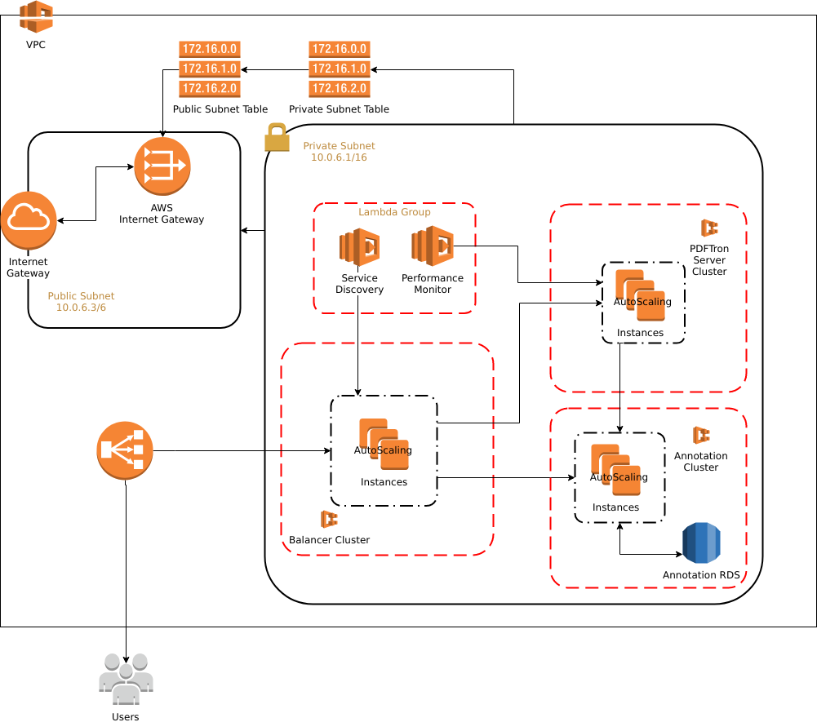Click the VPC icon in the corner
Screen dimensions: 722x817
tap(36, 17)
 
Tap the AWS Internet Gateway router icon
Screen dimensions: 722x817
tap(162, 166)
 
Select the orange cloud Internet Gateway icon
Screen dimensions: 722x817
tap(29, 220)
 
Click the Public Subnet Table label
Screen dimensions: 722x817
tap(220, 109)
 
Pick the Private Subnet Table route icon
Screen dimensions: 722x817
tap(339, 69)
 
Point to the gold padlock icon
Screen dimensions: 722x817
tap(277, 137)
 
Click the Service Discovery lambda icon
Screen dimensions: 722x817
tap(359, 247)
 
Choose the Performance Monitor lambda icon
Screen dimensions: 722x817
tap(432, 246)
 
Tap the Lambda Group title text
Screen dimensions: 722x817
tap(394, 212)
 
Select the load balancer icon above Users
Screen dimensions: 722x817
tap(125, 450)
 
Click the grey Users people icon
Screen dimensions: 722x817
tap(126, 679)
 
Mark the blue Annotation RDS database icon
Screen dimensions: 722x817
tap(701, 543)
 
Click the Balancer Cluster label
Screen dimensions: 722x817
tap(329, 540)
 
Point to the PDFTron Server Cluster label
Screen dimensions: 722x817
tap(708, 259)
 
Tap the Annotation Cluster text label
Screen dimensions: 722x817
tap(700, 462)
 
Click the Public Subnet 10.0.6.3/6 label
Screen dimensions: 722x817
tap(81, 302)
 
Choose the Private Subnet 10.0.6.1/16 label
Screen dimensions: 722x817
tap(339, 152)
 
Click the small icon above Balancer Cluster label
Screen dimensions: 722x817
tap(329, 519)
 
